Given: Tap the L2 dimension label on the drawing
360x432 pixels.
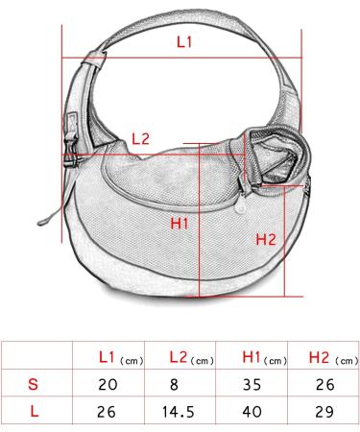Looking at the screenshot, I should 140,138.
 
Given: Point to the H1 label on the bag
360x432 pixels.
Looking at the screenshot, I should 179,225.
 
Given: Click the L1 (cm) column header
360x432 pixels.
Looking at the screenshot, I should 120,359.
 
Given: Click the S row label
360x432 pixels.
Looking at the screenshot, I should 33,386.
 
